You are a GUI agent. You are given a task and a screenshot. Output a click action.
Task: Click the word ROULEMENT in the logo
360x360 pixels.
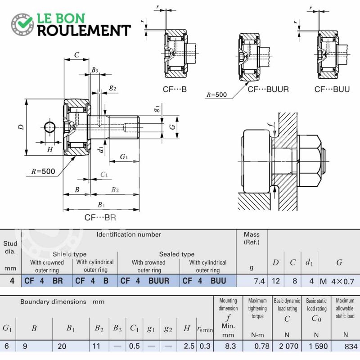[x=84, y=31]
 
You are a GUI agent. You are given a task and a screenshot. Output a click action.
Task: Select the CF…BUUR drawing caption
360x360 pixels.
[x=268, y=89]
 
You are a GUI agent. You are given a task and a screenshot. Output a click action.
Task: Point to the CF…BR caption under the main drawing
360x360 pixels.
[x=100, y=217]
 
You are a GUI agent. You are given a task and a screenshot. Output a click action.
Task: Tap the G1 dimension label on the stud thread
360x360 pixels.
[x=124, y=157]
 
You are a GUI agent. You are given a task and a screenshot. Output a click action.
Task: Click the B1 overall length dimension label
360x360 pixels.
[x=101, y=205]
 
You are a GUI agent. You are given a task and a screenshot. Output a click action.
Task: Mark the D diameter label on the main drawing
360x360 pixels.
[x=21, y=127]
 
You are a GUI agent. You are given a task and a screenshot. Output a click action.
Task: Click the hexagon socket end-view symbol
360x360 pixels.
[x=50, y=127]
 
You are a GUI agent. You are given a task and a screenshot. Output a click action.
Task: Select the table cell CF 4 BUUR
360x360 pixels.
[x=145, y=281]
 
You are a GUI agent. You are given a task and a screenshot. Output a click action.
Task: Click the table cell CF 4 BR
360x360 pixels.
[x=44, y=281]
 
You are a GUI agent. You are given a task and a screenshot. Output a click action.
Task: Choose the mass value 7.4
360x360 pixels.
[x=259, y=281]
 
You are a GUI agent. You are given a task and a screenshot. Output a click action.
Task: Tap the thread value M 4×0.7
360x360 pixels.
[x=337, y=281]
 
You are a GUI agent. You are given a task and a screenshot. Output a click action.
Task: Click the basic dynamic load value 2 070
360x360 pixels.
[x=288, y=346]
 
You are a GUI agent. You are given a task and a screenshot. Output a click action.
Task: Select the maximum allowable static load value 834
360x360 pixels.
[x=351, y=346]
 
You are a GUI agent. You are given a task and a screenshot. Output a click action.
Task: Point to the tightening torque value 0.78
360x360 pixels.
[x=262, y=346]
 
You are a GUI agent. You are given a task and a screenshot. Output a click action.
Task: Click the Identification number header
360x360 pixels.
[x=129, y=234]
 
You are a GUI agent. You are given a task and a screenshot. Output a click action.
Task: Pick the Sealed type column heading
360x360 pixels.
[x=177, y=254]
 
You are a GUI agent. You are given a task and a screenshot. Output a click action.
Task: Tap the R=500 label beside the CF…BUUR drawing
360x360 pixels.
[x=216, y=94]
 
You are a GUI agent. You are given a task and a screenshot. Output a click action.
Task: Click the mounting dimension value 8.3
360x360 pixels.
[x=230, y=346]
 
